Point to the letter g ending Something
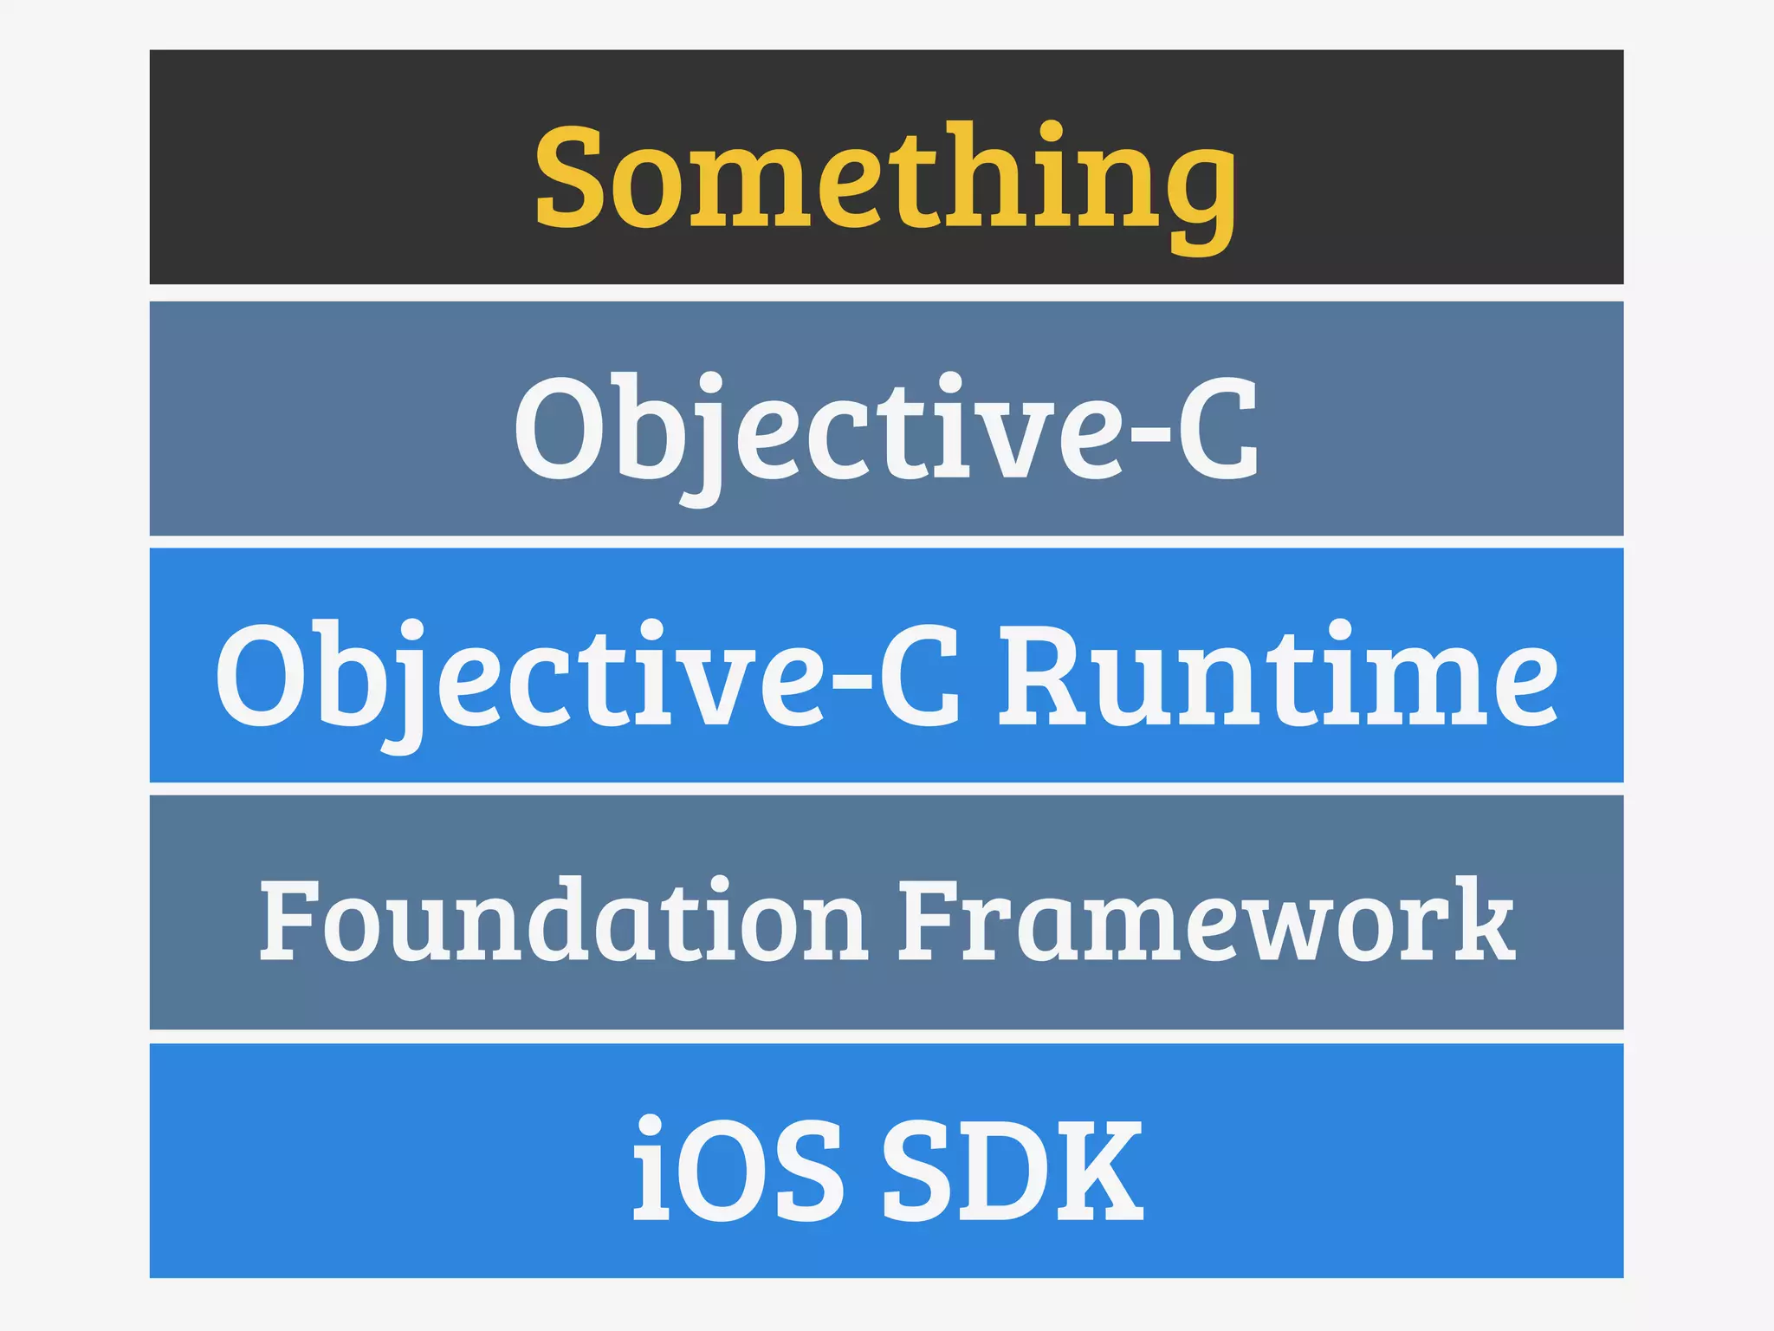tap(1200, 195)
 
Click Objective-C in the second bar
tap(886, 429)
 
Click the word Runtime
tap(1278, 676)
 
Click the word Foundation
tap(563, 921)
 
